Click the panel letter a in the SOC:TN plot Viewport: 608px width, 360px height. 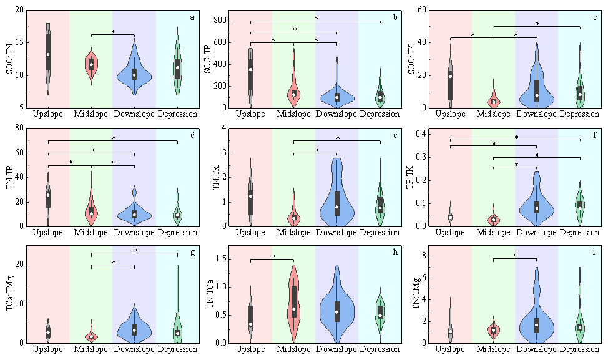192,17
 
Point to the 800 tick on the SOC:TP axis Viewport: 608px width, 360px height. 220,21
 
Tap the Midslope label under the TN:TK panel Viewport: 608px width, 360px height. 293,233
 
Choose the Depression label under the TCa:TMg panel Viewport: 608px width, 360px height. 178,349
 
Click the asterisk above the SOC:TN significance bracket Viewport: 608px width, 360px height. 113,32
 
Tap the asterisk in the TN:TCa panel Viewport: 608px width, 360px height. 273,256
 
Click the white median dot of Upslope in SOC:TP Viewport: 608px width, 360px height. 250,69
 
